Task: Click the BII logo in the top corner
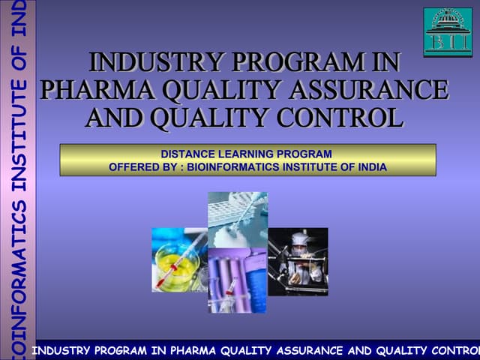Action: [x=448, y=31]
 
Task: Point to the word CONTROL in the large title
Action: [x=349, y=118]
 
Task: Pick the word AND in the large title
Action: [x=115, y=118]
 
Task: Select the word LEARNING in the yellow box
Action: [x=244, y=154]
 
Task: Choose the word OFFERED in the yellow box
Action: [x=134, y=166]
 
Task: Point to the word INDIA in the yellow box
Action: [x=372, y=166]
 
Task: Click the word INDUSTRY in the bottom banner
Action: [x=63, y=350]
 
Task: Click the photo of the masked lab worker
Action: [x=298, y=261]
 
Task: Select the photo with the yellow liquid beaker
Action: [x=179, y=259]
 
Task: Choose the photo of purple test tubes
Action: [x=237, y=281]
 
